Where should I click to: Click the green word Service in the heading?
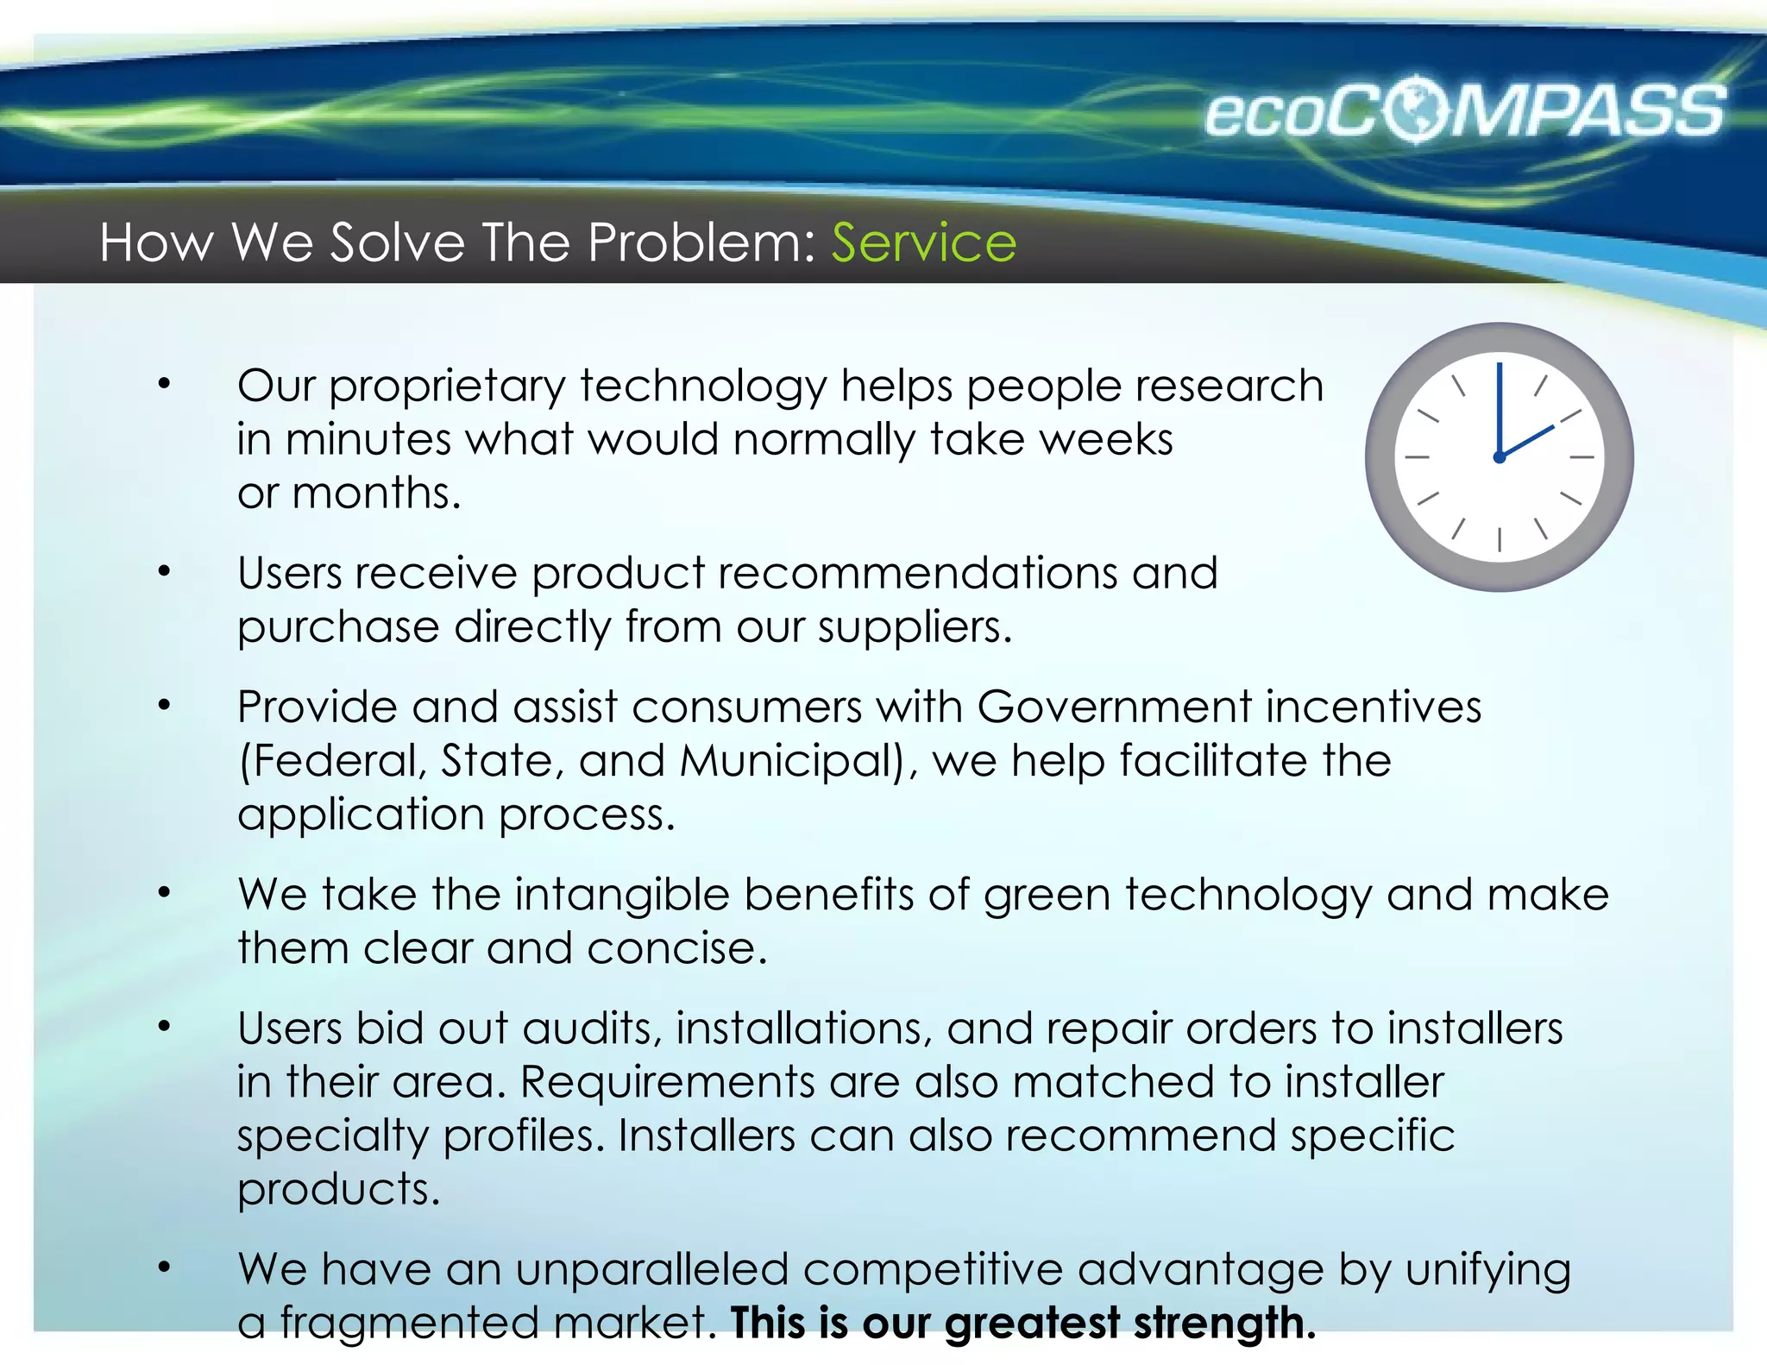pos(923,242)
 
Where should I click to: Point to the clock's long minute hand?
pos(1500,406)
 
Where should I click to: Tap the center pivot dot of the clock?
pos(1500,457)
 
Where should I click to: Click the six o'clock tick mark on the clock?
pos(1500,540)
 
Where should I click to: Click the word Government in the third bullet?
pos(1114,708)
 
